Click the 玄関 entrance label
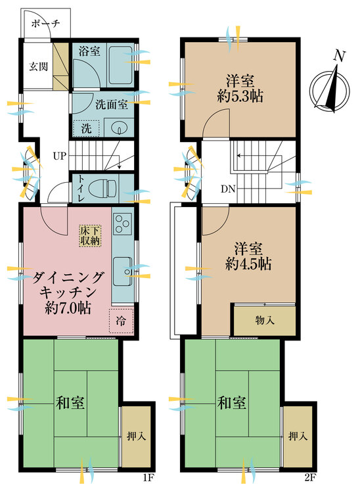37,66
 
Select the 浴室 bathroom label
89,51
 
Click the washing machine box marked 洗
87,129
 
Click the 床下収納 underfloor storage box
91,235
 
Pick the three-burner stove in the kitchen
122,225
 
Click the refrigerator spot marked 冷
123,320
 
